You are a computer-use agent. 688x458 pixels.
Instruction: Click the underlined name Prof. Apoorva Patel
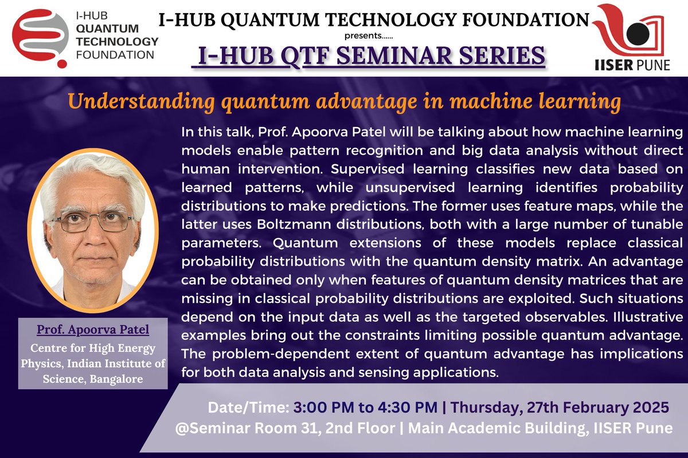[x=93, y=330]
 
